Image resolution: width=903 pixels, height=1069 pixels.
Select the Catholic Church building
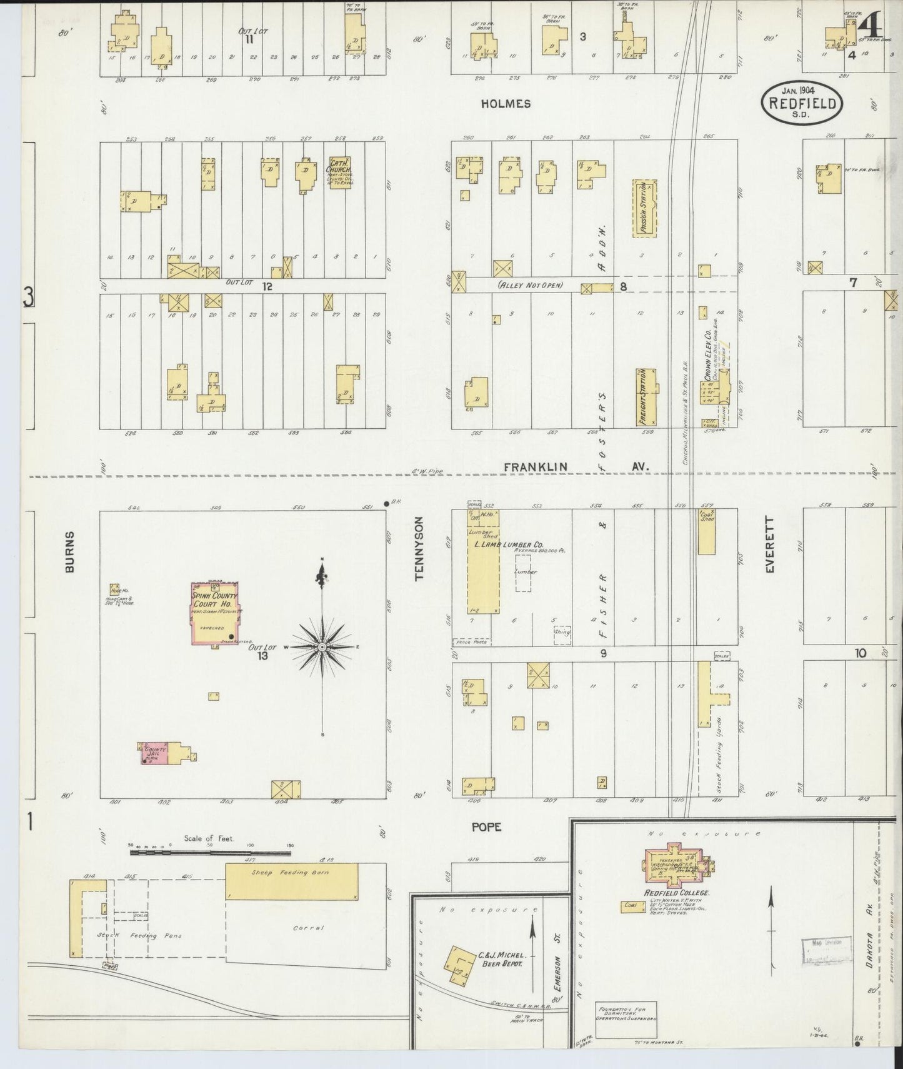[339, 173]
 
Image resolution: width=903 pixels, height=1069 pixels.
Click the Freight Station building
[647, 398]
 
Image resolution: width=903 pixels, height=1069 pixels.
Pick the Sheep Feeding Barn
[291, 881]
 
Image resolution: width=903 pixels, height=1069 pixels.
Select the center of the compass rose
[321, 646]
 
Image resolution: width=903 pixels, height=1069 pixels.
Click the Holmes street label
[506, 104]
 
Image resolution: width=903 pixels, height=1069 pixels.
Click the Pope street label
[487, 826]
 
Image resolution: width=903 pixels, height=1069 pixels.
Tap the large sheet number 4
[871, 26]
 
